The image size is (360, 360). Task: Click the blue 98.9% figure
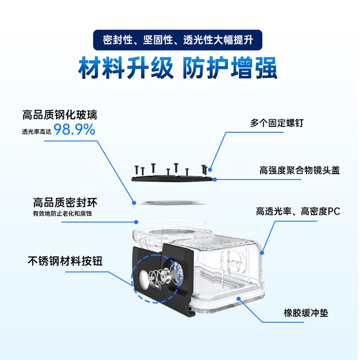click(74, 130)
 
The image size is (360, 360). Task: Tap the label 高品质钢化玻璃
click(60, 115)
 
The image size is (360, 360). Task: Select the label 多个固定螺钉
click(277, 123)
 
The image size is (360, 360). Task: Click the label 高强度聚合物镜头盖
click(299, 171)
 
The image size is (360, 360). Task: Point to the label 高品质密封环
click(65, 202)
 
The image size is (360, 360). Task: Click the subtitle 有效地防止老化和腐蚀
click(62, 213)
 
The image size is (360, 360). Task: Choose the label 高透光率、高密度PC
click(298, 211)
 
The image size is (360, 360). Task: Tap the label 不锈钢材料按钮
click(65, 261)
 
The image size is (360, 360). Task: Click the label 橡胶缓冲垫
click(306, 313)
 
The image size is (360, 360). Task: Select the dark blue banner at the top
click(177, 40)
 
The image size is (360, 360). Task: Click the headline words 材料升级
click(126, 68)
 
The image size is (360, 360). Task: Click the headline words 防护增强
click(230, 68)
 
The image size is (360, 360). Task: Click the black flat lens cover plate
click(172, 179)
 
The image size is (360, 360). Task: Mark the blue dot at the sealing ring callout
click(136, 222)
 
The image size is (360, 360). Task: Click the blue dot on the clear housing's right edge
click(262, 253)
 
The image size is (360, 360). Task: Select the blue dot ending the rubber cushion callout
click(239, 299)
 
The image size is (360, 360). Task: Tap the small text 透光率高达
click(36, 131)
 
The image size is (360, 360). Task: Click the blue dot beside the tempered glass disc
click(134, 203)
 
